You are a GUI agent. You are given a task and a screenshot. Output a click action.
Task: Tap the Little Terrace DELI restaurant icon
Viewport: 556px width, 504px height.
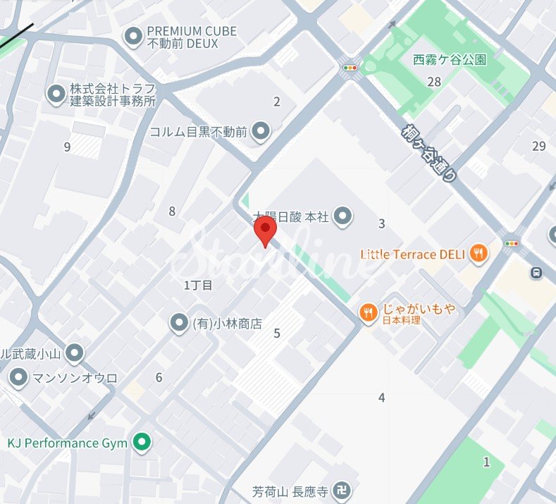[479, 254]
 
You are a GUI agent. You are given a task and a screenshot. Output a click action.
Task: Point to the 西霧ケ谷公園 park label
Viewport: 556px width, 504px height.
[450, 61]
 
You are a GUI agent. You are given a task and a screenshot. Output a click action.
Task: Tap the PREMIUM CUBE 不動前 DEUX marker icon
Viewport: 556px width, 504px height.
[132, 36]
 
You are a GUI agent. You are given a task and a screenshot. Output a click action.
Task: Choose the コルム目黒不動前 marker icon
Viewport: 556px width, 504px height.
[261, 131]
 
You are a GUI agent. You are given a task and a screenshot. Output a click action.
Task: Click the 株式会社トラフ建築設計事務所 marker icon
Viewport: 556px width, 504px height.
[56, 94]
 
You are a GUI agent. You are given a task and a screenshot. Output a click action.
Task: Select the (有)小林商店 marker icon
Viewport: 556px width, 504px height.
[179, 324]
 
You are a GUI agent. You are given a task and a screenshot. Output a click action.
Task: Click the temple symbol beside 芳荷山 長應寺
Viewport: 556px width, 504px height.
[342, 490]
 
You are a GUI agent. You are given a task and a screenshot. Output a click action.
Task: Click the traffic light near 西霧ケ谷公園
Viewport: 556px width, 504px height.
[349, 68]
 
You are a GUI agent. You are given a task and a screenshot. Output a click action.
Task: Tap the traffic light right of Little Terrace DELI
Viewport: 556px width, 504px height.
[512, 243]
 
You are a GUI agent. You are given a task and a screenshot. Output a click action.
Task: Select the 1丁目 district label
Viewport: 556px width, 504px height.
[198, 285]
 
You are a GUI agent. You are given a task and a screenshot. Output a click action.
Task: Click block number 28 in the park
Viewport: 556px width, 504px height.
[434, 82]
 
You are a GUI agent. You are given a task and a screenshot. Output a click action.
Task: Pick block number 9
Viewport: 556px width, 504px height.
[67, 147]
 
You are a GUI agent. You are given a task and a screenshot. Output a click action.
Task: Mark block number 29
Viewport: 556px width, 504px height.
[539, 146]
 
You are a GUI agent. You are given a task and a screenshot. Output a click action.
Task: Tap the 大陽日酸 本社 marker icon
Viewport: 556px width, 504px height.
[342, 216]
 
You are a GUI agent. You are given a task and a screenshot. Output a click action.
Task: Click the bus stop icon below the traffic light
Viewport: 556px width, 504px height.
[538, 271]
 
